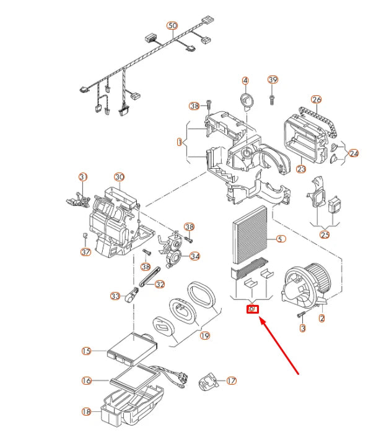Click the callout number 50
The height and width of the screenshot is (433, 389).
pos(172,25)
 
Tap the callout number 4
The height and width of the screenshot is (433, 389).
pos(245,81)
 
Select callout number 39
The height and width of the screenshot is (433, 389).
pos(273,80)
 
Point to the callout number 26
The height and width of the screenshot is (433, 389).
pos(317,100)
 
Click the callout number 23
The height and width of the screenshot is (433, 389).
pos(302,168)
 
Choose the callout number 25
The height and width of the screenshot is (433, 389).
pos(325,234)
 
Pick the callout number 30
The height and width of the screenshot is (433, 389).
pos(120,177)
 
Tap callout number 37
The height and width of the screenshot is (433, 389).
pos(85,252)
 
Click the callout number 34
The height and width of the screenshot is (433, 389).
pos(194,256)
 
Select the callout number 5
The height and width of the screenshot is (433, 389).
pos(281,239)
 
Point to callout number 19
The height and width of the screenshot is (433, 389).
pos(205,335)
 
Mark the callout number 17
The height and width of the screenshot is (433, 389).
pos(232,381)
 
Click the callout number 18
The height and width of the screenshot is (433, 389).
pos(86,411)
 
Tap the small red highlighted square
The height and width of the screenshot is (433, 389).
pos(252,309)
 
